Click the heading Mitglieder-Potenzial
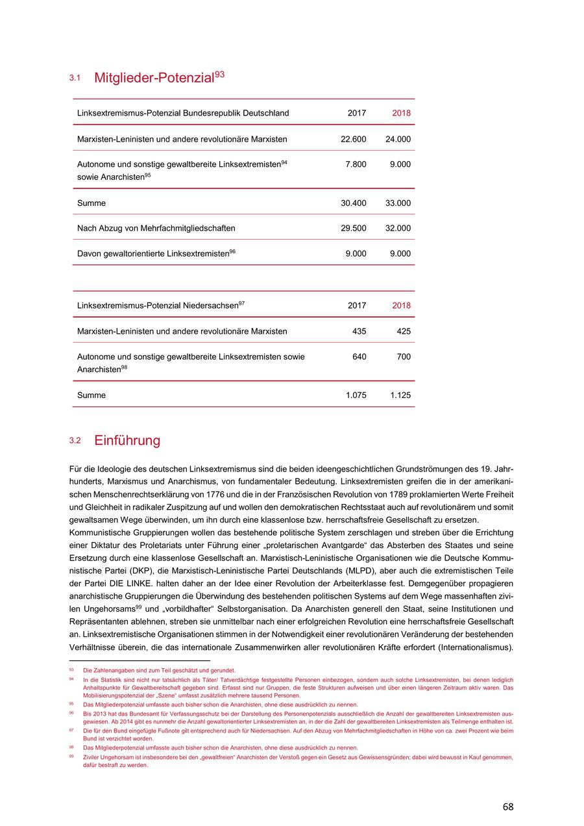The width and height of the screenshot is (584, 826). click(x=154, y=79)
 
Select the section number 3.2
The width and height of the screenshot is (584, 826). click(x=75, y=441)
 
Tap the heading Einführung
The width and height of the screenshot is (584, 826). click(x=127, y=441)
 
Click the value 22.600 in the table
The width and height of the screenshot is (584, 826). click(x=353, y=139)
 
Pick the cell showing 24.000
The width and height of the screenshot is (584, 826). click(x=398, y=139)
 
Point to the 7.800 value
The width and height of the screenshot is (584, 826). click(x=356, y=164)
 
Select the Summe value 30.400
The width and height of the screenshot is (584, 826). click(x=353, y=203)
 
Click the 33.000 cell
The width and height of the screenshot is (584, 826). click(x=398, y=203)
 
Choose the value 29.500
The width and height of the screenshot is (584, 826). click(x=353, y=229)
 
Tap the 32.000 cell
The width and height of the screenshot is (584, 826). click(x=398, y=229)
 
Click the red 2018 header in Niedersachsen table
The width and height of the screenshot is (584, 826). click(x=401, y=306)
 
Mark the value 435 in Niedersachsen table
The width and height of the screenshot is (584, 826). click(x=359, y=331)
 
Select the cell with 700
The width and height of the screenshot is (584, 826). click(x=403, y=357)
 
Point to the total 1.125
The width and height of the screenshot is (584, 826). click(x=400, y=395)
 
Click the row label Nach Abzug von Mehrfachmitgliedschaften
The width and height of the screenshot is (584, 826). click(x=156, y=229)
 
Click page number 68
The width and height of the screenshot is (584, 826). click(x=507, y=807)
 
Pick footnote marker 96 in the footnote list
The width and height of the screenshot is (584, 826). click(x=71, y=713)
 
